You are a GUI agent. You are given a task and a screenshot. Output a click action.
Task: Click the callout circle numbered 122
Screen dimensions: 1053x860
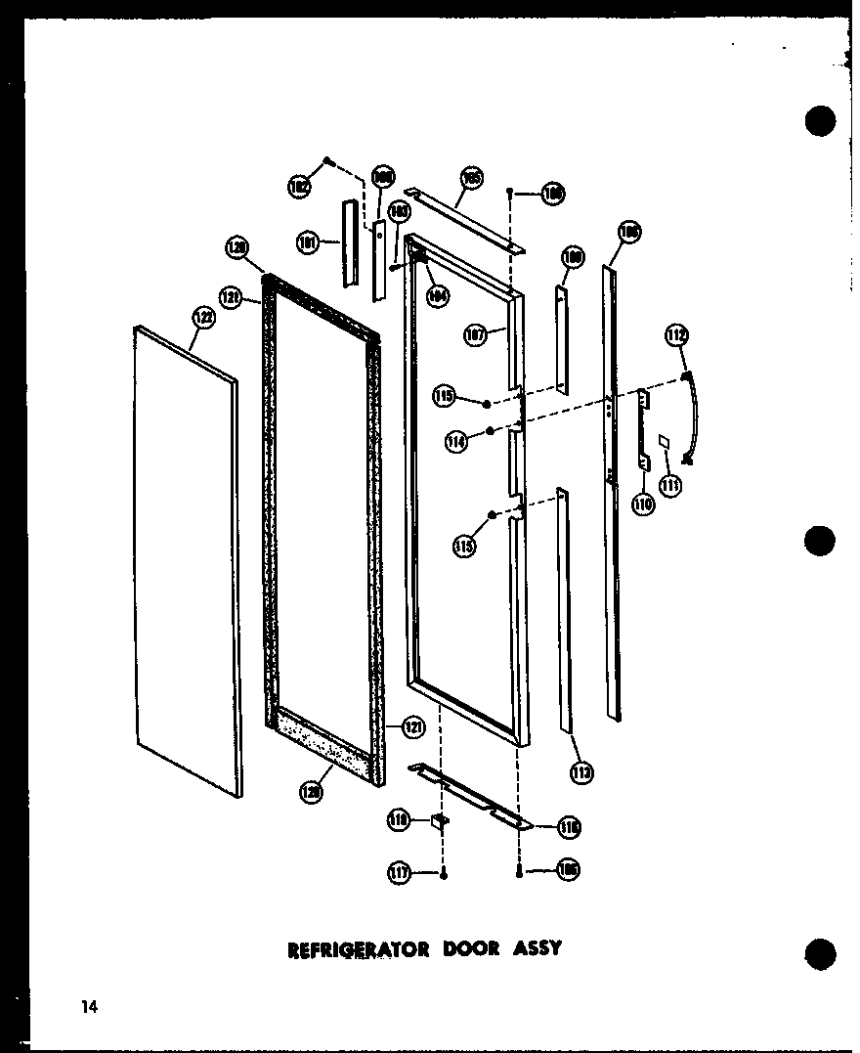pyautogui.click(x=202, y=317)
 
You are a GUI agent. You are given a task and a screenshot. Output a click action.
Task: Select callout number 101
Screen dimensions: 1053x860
pyautogui.click(x=310, y=241)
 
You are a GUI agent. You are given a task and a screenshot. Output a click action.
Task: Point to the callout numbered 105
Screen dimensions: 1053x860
pyautogui.click(x=471, y=180)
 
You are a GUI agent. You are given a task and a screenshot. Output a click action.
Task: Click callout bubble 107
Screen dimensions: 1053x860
pyautogui.click(x=476, y=336)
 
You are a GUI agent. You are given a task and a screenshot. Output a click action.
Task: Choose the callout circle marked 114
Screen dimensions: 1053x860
pyautogui.click(x=454, y=442)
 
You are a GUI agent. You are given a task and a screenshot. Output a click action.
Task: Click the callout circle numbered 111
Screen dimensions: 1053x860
pyautogui.click(x=669, y=484)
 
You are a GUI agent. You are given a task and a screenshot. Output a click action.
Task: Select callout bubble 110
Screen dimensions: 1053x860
pyautogui.click(x=642, y=505)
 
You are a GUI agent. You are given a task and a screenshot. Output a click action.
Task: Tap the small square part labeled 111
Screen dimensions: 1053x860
pyautogui.click(x=664, y=442)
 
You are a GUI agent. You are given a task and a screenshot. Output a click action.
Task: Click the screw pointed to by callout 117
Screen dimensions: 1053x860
pyautogui.click(x=445, y=873)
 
